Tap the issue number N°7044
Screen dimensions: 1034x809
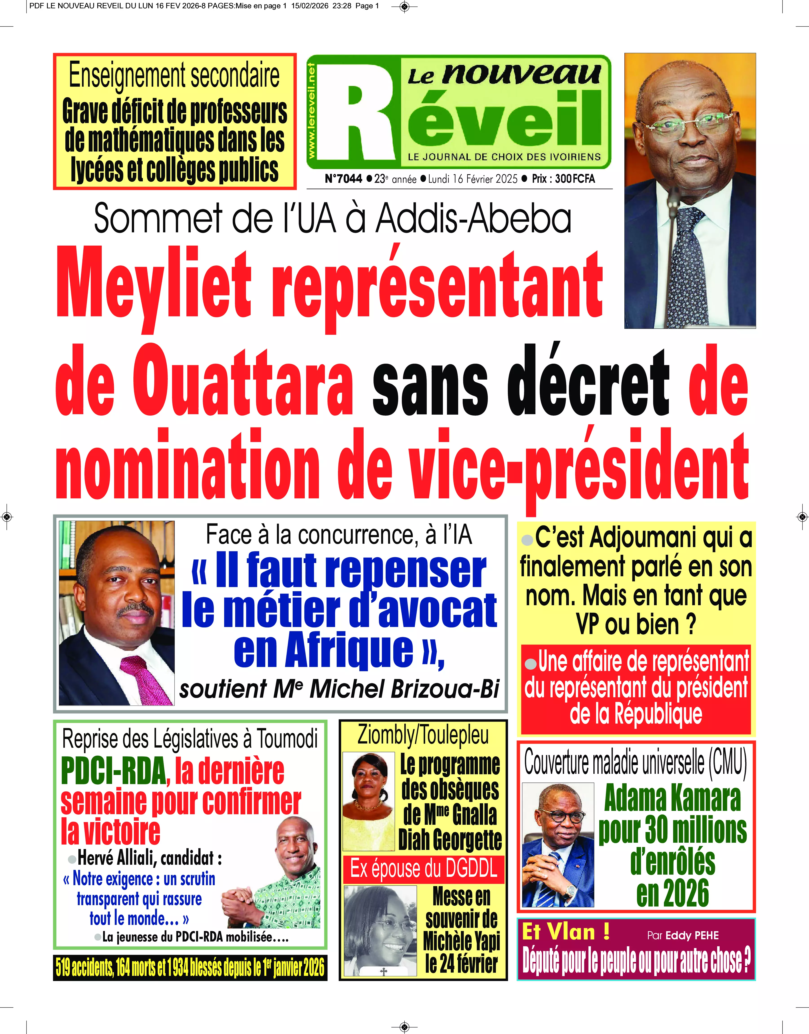click(x=343, y=179)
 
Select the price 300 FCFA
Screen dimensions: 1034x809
click(x=575, y=179)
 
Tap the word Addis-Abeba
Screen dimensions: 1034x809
click(x=474, y=219)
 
